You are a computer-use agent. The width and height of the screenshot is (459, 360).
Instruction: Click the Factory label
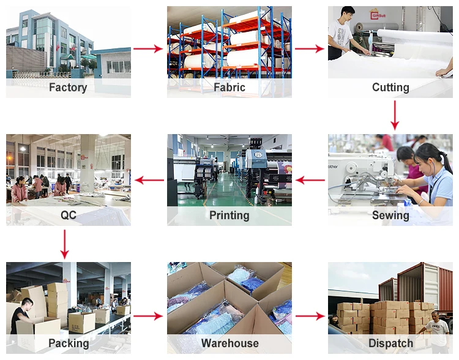click(68, 88)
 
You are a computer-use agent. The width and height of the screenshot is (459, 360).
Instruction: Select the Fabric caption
click(229, 88)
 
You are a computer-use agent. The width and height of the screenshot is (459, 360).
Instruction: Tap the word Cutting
click(390, 88)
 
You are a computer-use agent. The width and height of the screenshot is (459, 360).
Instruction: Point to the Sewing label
click(390, 215)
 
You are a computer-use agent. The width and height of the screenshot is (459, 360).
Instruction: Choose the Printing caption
click(229, 215)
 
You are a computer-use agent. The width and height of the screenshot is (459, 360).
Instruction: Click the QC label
click(68, 215)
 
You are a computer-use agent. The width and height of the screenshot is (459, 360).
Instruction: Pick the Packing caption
click(68, 343)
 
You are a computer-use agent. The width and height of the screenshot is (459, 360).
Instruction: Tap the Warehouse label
click(229, 343)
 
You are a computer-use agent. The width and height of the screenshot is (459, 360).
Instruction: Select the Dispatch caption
click(390, 343)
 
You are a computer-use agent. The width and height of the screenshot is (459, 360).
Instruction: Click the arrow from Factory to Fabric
click(149, 49)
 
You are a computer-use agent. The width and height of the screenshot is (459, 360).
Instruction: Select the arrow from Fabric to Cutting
click(310, 49)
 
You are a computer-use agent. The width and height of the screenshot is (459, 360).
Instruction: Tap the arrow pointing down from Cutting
click(395, 115)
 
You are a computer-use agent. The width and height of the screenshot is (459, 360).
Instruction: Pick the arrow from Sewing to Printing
click(310, 180)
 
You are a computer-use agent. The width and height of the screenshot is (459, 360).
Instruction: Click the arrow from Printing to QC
click(149, 180)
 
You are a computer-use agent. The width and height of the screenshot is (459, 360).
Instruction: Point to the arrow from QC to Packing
click(64, 243)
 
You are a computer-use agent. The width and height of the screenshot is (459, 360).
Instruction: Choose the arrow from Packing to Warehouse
click(149, 316)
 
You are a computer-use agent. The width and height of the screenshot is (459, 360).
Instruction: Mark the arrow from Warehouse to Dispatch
click(310, 316)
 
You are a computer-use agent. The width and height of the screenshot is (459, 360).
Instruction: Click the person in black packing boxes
click(22, 315)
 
